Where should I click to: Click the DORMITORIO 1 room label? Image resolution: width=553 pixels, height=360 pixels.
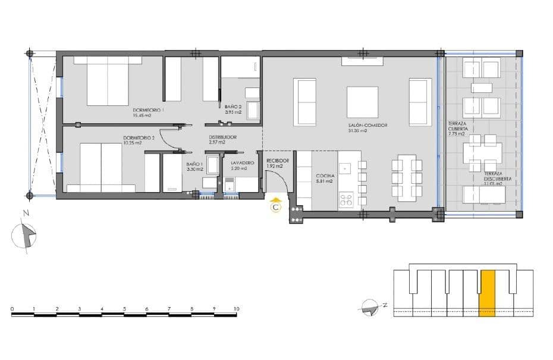point(148,110)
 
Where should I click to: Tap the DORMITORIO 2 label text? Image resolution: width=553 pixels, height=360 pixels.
point(139,137)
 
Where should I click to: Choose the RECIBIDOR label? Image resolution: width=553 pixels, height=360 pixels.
point(278,161)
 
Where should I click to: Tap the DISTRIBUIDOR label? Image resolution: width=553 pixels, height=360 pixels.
point(222,137)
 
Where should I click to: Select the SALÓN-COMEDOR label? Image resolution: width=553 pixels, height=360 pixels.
point(368,126)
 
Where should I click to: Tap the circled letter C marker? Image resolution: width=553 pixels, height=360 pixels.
point(275,208)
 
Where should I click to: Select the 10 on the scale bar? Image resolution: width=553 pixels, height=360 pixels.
point(237,309)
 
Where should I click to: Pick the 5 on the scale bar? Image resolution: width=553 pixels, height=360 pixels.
point(124,309)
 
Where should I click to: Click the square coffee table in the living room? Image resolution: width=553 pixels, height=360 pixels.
point(362,102)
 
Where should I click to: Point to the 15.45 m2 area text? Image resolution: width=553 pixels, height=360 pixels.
point(142,115)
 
